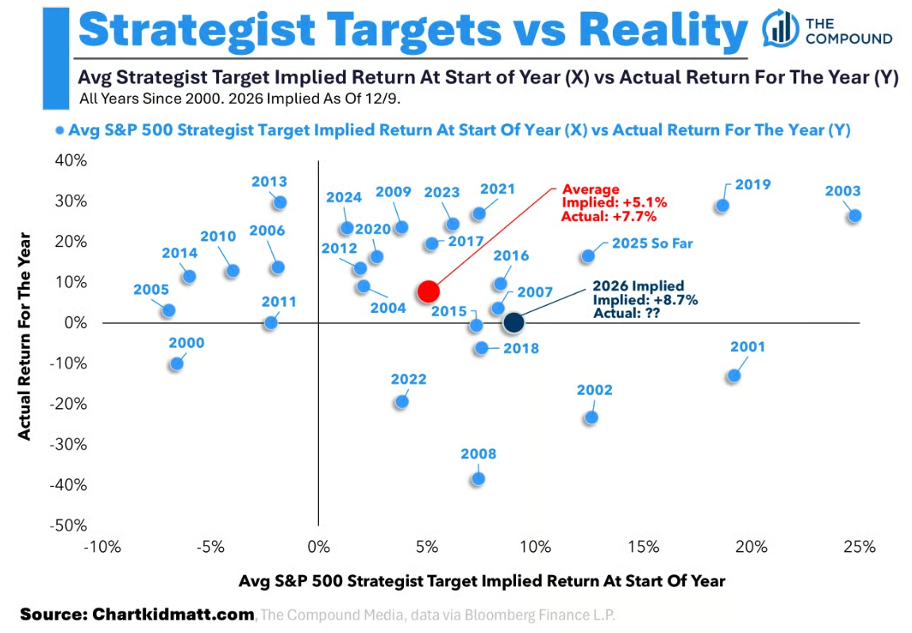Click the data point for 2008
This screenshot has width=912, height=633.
478,478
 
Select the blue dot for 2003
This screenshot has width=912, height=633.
855,215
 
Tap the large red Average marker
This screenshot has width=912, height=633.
428,291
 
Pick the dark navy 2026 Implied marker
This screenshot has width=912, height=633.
514,322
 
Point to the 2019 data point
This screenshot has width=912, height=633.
722,206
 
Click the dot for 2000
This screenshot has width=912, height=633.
177,364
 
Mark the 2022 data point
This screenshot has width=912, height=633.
402,401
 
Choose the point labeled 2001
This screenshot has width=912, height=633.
733,376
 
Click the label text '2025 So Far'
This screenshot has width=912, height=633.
652,243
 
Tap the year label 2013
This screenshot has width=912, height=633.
269,182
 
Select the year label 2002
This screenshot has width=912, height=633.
595,390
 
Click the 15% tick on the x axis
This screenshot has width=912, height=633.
643,547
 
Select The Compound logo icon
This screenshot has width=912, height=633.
780,29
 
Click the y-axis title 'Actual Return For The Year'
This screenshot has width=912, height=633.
25,335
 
